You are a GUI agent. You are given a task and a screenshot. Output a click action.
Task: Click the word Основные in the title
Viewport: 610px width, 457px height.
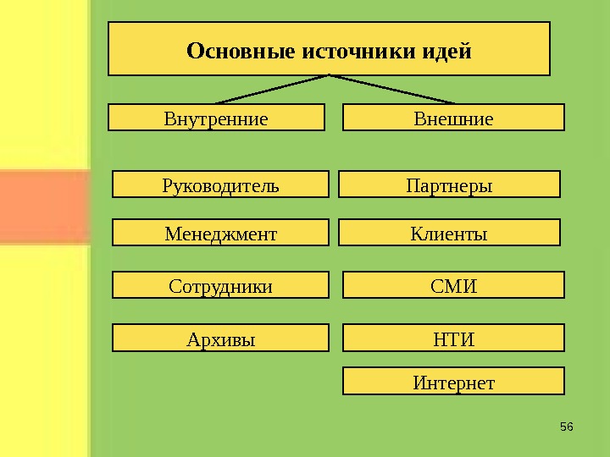pos(241,52)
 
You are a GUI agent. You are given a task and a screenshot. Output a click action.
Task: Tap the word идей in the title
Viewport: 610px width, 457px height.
pos(446,52)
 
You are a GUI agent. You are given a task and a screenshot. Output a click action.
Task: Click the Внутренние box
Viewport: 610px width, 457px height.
pos(216,118)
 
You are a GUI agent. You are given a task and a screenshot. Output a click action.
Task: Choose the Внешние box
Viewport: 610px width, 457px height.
pos(453,118)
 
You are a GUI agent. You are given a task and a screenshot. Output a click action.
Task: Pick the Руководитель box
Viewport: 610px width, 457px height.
pos(220,184)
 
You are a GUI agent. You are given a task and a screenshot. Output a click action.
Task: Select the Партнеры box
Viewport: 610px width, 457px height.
pos(449,184)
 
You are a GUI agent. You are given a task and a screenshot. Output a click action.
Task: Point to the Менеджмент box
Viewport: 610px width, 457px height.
pos(220,233)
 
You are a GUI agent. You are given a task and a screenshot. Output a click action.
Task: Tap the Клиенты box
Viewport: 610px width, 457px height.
pos(449,233)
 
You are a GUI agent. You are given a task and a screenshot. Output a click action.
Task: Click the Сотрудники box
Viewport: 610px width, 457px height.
pos(220,286)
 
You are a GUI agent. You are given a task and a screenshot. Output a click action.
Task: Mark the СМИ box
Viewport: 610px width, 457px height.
pos(453,286)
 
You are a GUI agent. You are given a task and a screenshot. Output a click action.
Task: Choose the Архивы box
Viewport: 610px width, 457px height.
pos(220,339)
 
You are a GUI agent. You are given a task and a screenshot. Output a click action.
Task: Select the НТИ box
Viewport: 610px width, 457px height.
pos(453,339)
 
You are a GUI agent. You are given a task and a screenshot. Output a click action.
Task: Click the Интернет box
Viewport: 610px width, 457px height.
pos(453,383)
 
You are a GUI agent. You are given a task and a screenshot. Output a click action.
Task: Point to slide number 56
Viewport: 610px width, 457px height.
pos(567,425)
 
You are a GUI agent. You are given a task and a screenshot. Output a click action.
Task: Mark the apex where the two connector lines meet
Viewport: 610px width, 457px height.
pos(329,75)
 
